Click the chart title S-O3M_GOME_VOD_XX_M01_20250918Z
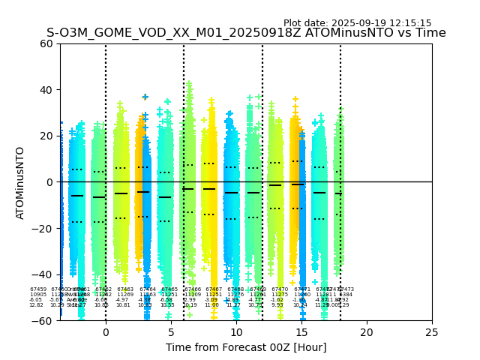click(x=246, y=33)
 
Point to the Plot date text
click(x=357, y=23)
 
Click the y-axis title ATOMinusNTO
click(x=21, y=182)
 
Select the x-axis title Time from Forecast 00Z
click(x=246, y=347)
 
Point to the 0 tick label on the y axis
click(x=51, y=182)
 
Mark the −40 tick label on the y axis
click(x=45, y=274)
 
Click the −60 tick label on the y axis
click(x=45, y=321)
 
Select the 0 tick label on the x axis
click(x=106, y=332)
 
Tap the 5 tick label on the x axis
click(x=171, y=332)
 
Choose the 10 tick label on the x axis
click(x=236, y=332)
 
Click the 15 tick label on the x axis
click(x=301, y=332)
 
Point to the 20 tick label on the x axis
click(x=367, y=332)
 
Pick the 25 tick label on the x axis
click(x=432, y=332)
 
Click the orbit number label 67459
click(x=38, y=289)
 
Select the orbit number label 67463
click(x=125, y=289)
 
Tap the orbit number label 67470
click(x=280, y=289)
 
